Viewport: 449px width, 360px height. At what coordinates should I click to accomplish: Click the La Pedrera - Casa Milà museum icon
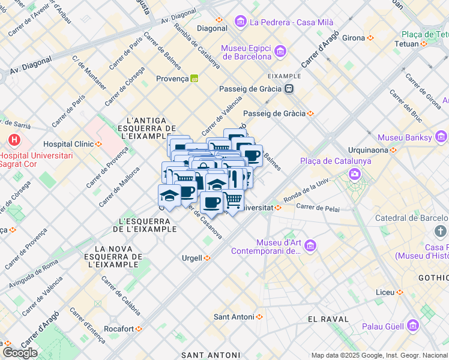[241, 22]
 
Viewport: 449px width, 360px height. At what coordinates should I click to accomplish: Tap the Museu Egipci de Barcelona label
[246, 53]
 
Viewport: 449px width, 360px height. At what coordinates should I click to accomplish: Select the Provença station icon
[194, 79]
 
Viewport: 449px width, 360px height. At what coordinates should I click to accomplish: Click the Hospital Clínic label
[68, 144]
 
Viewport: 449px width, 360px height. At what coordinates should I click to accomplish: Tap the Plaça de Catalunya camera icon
[355, 174]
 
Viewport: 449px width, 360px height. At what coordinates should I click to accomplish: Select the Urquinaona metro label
[367, 150]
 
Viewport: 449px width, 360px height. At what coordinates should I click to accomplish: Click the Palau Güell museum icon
[412, 326]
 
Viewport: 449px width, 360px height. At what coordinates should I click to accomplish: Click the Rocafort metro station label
[118, 329]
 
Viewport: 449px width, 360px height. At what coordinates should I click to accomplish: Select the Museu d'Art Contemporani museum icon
[310, 245]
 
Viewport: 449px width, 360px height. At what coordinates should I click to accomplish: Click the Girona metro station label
[354, 38]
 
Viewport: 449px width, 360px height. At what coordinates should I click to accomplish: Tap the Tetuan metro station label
[406, 44]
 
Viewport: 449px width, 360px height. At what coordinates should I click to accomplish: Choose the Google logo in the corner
[20, 353]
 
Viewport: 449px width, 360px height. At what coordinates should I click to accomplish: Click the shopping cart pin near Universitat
[234, 200]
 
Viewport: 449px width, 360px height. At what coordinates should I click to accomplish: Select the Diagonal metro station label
[211, 28]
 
